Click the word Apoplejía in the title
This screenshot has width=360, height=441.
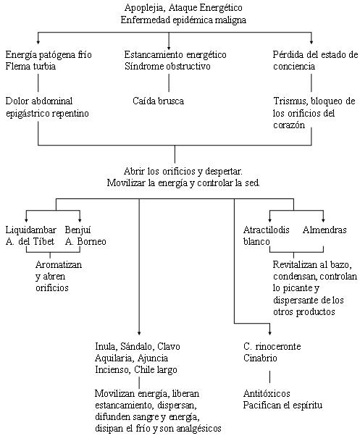click(144, 8)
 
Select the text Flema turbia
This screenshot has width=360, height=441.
click(30, 67)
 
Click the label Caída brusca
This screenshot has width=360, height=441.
click(159, 101)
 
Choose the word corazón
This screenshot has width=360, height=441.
click(289, 125)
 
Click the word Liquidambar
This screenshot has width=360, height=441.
click(31, 230)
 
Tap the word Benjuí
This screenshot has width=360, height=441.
click(78, 230)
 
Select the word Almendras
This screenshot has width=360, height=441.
click(325, 230)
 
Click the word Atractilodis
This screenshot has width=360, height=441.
click(267, 230)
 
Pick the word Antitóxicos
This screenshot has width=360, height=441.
click(267, 393)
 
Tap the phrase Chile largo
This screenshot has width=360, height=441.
click(156, 370)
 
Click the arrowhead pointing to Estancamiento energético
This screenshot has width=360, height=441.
click(169, 47)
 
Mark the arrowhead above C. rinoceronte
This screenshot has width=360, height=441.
click(270, 333)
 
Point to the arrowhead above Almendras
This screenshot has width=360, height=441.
click(323, 219)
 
